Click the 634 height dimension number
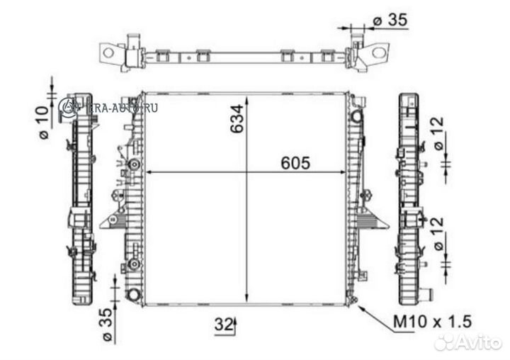[x=237, y=121]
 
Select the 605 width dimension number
[x=295, y=163]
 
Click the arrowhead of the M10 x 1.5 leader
[x=362, y=308]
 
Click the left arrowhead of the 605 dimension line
[x=149, y=172]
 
